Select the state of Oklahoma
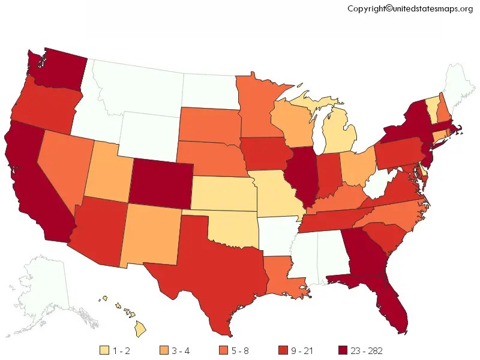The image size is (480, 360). (231, 225)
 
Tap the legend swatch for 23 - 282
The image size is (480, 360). (343, 350)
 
